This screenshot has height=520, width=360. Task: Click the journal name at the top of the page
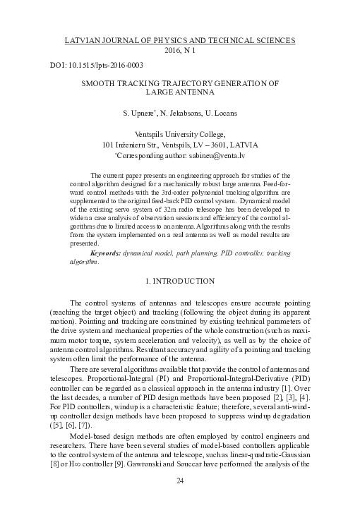coord(180,40)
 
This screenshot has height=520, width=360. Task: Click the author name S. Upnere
coord(138,112)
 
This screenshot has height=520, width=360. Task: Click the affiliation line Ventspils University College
coord(180,133)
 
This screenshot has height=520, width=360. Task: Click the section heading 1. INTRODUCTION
coord(180,282)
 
